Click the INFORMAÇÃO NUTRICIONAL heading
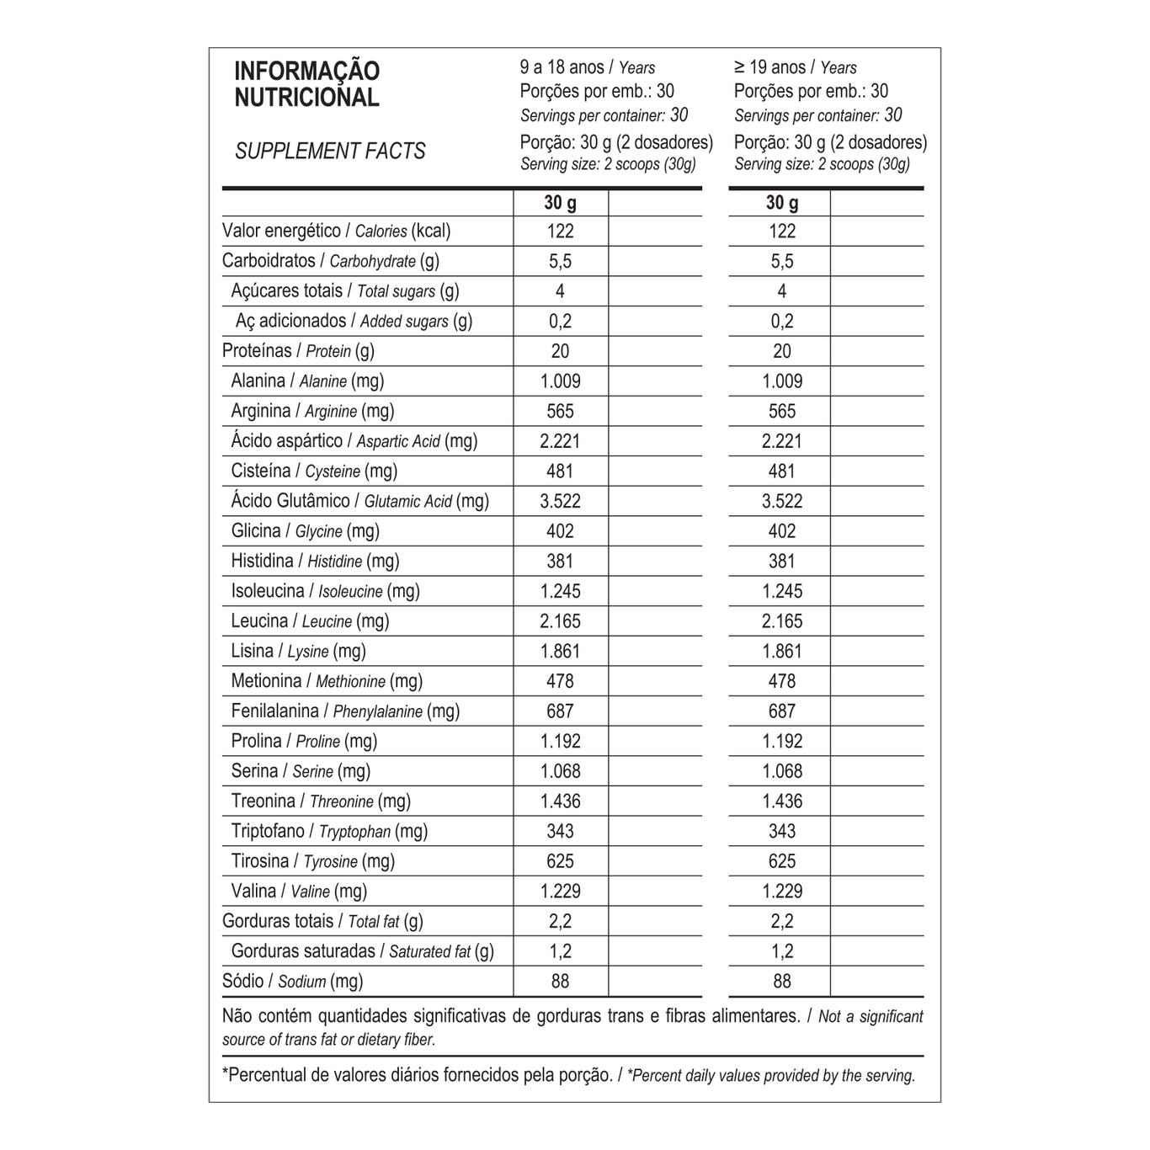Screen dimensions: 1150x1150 tap(306, 84)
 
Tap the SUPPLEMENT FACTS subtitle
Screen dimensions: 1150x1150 tap(330, 152)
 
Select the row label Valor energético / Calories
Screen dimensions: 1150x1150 tap(336, 231)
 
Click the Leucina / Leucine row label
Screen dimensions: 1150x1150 tap(310, 621)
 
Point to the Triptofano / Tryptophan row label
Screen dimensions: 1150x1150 tap(329, 832)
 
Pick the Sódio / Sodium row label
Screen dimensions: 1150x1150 tap(292, 982)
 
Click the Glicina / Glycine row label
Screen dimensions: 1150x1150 tap(305, 531)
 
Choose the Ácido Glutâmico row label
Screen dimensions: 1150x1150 tap(359, 501)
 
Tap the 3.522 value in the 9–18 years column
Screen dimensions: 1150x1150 tap(560, 502)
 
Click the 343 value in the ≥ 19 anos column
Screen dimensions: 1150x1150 tap(782, 832)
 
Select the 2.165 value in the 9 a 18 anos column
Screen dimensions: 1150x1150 tap(560, 621)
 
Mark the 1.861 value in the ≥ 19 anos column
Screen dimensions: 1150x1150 tap(782, 652)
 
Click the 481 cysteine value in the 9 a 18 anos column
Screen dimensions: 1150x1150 tap(560, 471)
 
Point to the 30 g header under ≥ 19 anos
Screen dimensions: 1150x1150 tap(782, 203)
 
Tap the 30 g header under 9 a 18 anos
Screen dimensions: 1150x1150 tap(560, 203)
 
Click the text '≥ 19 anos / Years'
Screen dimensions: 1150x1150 tap(795, 67)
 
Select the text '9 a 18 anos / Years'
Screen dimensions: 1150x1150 tap(587, 67)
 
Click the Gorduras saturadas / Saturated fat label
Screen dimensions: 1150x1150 tap(362, 951)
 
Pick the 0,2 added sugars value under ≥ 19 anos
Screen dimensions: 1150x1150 tap(782, 322)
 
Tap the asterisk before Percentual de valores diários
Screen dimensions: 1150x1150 tap(226, 1074)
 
